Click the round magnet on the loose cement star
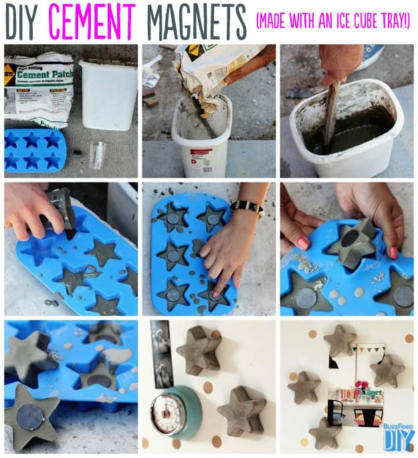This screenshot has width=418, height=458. pos(30,419)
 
